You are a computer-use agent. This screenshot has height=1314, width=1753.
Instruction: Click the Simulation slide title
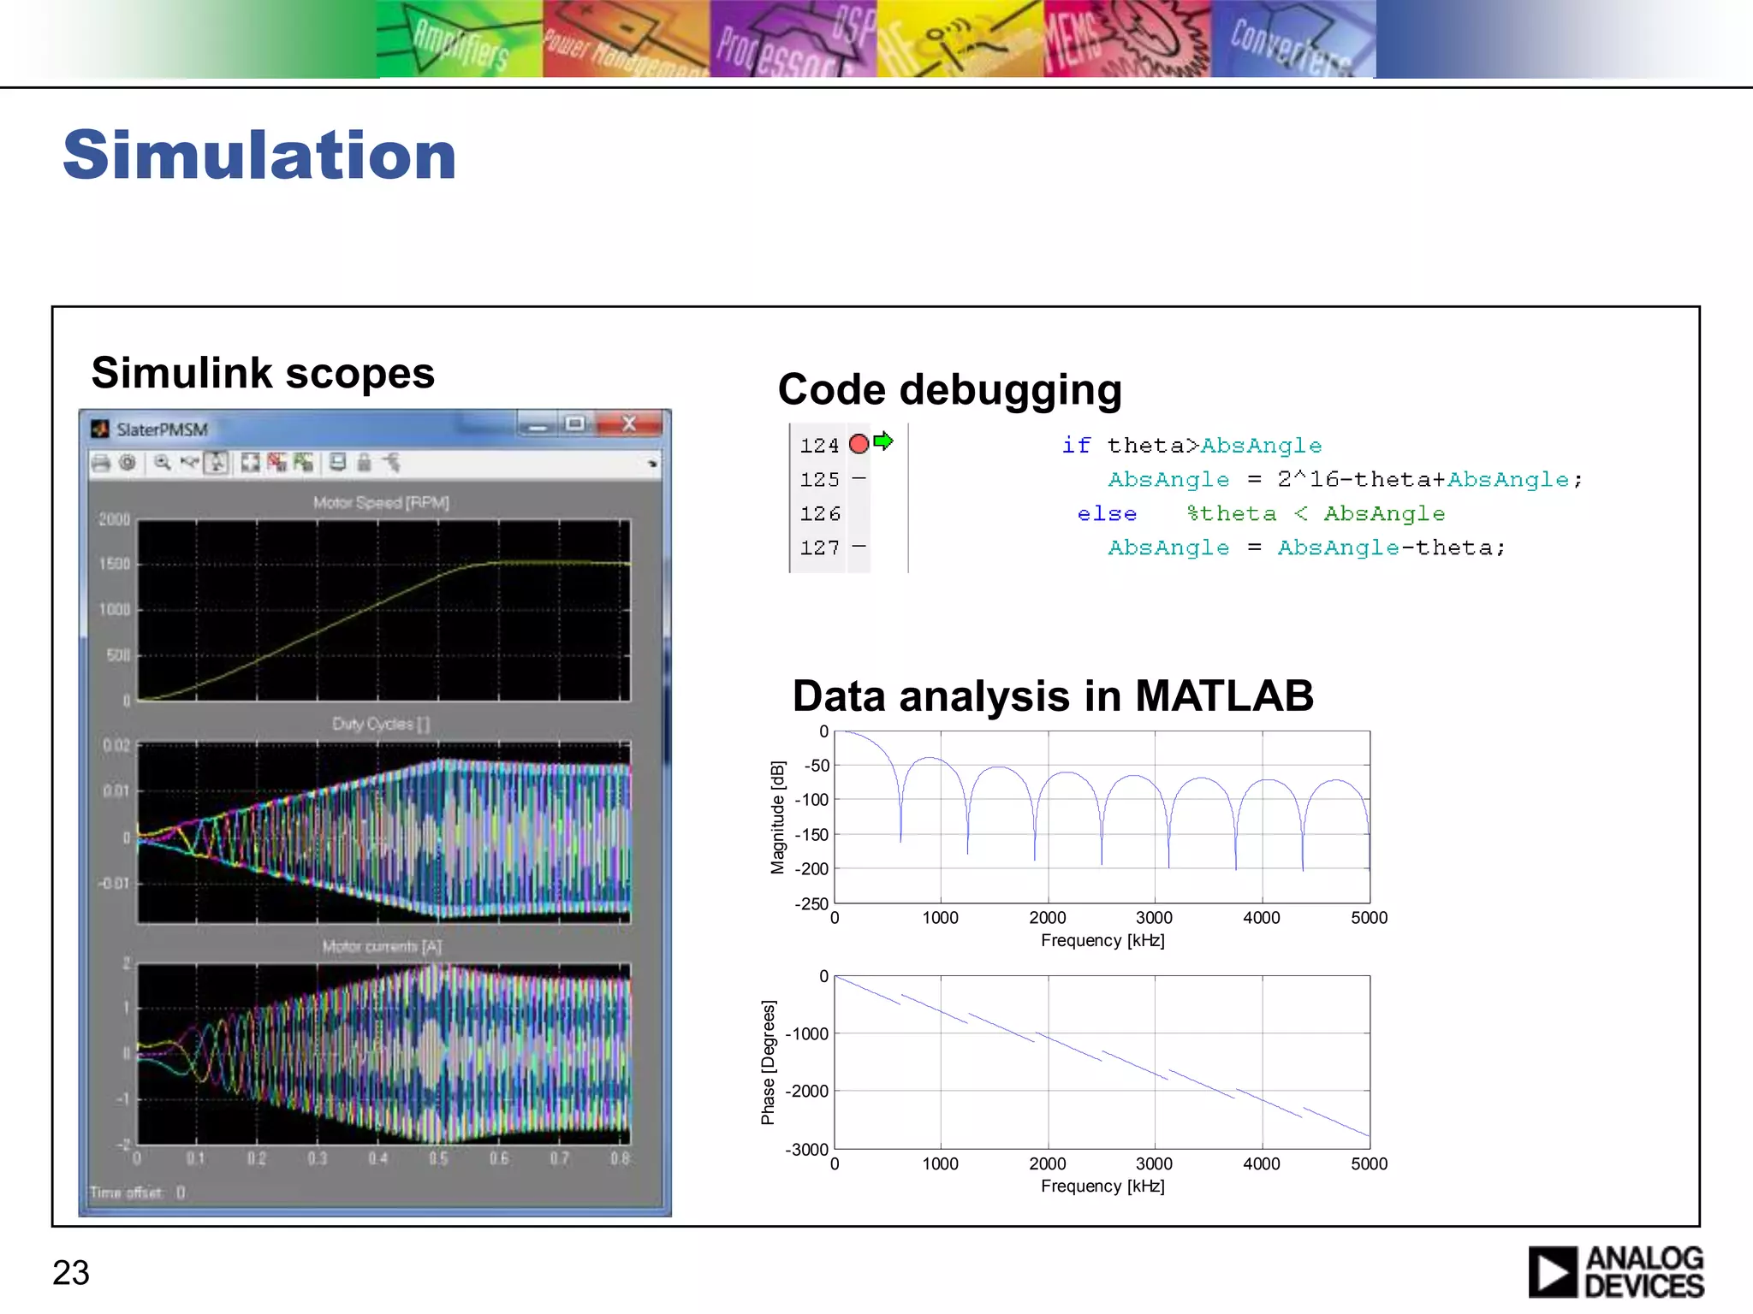pyautogui.click(x=259, y=155)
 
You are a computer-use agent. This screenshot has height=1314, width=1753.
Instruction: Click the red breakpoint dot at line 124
pyautogui.click(x=859, y=443)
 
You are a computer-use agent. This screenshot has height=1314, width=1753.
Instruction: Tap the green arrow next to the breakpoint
pyautogui.click(x=883, y=441)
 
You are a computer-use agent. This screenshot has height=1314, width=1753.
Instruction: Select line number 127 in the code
pyautogui.click(x=819, y=547)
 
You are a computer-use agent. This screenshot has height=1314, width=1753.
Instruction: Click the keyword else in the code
pyautogui.click(x=1107, y=513)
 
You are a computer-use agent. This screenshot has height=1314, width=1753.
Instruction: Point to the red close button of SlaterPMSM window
pyautogui.click(x=629, y=423)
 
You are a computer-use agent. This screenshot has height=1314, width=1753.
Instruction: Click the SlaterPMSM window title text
pyautogui.click(x=162, y=429)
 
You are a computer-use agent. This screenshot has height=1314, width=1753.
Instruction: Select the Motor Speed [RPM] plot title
pyautogui.click(x=381, y=502)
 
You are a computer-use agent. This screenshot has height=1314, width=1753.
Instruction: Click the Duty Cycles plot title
pyautogui.click(x=381, y=724)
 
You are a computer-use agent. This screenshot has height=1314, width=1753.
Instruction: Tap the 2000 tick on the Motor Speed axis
pyautogui.click(x=115, y=519)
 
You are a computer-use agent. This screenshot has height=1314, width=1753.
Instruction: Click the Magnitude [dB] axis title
pyautogui.click(x=777, y=817)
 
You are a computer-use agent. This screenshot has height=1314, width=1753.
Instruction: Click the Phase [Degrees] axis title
pyautogui.click(x=768, y=1062)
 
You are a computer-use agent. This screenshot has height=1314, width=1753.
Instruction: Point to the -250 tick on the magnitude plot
pyautogui.click(x=811, y=903)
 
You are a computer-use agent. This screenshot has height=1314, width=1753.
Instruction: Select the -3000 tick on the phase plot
pyautogui.click(x=806, y=1149)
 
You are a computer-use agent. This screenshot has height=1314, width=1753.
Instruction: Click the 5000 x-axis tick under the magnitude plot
pyautogui.click(x=1369, y=918)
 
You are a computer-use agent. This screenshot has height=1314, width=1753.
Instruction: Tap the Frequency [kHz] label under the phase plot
pyautogui.click(x=1102, y=1186)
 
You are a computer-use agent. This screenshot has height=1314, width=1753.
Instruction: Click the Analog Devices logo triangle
pyautogui.click(x=1552, y=1272)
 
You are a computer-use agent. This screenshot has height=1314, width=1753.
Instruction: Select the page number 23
pyautogui.click(x=71, y=1272)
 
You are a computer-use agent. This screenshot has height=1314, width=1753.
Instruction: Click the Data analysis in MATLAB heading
pyautogui.click(x=1052, y=695)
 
